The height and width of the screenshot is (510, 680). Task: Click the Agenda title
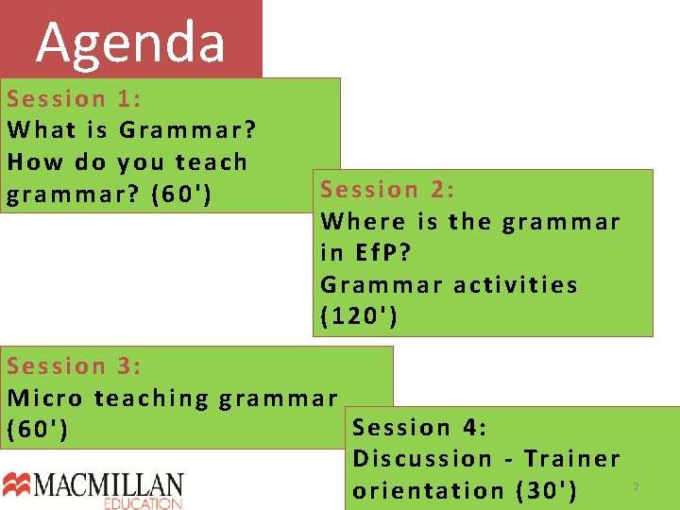(x=131, y=42)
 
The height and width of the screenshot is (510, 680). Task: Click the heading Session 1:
(x=75, y=98)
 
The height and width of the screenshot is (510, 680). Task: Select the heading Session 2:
(x=388, y=190)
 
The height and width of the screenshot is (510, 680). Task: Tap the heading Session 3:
(x=75, y=365)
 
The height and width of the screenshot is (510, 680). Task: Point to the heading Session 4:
(x=419, y=428)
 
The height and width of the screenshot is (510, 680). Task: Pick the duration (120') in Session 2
(x=360, y=316)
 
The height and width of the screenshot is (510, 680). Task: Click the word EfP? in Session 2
(x=383, y=253)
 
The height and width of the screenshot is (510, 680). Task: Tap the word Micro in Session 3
(x=45, y=399)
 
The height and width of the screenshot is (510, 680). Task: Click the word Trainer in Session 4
(x=572, y=459)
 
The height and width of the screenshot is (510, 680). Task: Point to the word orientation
(x=429, y=491)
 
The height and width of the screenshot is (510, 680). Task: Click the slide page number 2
(x=636, y=486)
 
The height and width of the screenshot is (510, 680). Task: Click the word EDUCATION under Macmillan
(x=144, y=504)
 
